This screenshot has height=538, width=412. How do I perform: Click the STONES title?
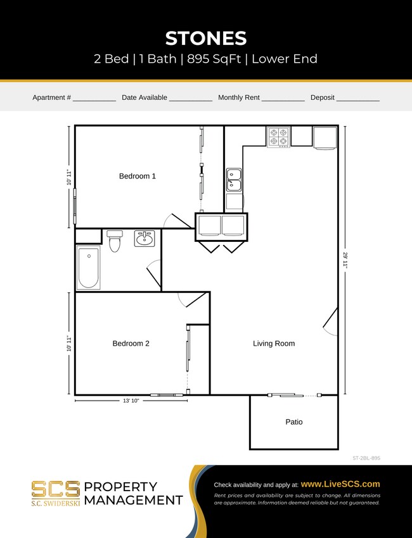coord(205,38)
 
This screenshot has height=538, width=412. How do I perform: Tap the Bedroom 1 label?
coord(137,176)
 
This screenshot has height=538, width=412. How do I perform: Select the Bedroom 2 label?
coord(131,344)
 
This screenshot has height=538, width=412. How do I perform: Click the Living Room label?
coord(274,344)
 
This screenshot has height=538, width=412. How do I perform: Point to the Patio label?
coord(293,422)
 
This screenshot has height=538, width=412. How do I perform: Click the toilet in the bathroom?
coord(115,241)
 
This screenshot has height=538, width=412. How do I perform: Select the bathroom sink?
coord(145,238)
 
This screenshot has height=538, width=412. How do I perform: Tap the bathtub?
coord(88,268)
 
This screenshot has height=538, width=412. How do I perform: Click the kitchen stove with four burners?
coord(278,137)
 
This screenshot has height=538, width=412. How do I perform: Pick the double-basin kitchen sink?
coord(234,179)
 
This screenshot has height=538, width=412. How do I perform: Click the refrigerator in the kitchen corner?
coord(325,138)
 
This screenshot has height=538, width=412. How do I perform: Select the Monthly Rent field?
coord(283,98)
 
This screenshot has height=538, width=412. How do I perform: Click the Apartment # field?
coord(94,98)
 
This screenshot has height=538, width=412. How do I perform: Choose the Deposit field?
coord(357,98)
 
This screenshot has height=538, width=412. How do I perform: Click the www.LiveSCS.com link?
coord(340,484)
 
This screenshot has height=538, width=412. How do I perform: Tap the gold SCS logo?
coord(56,489)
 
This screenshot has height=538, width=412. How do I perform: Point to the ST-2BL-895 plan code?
coord(366,458)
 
